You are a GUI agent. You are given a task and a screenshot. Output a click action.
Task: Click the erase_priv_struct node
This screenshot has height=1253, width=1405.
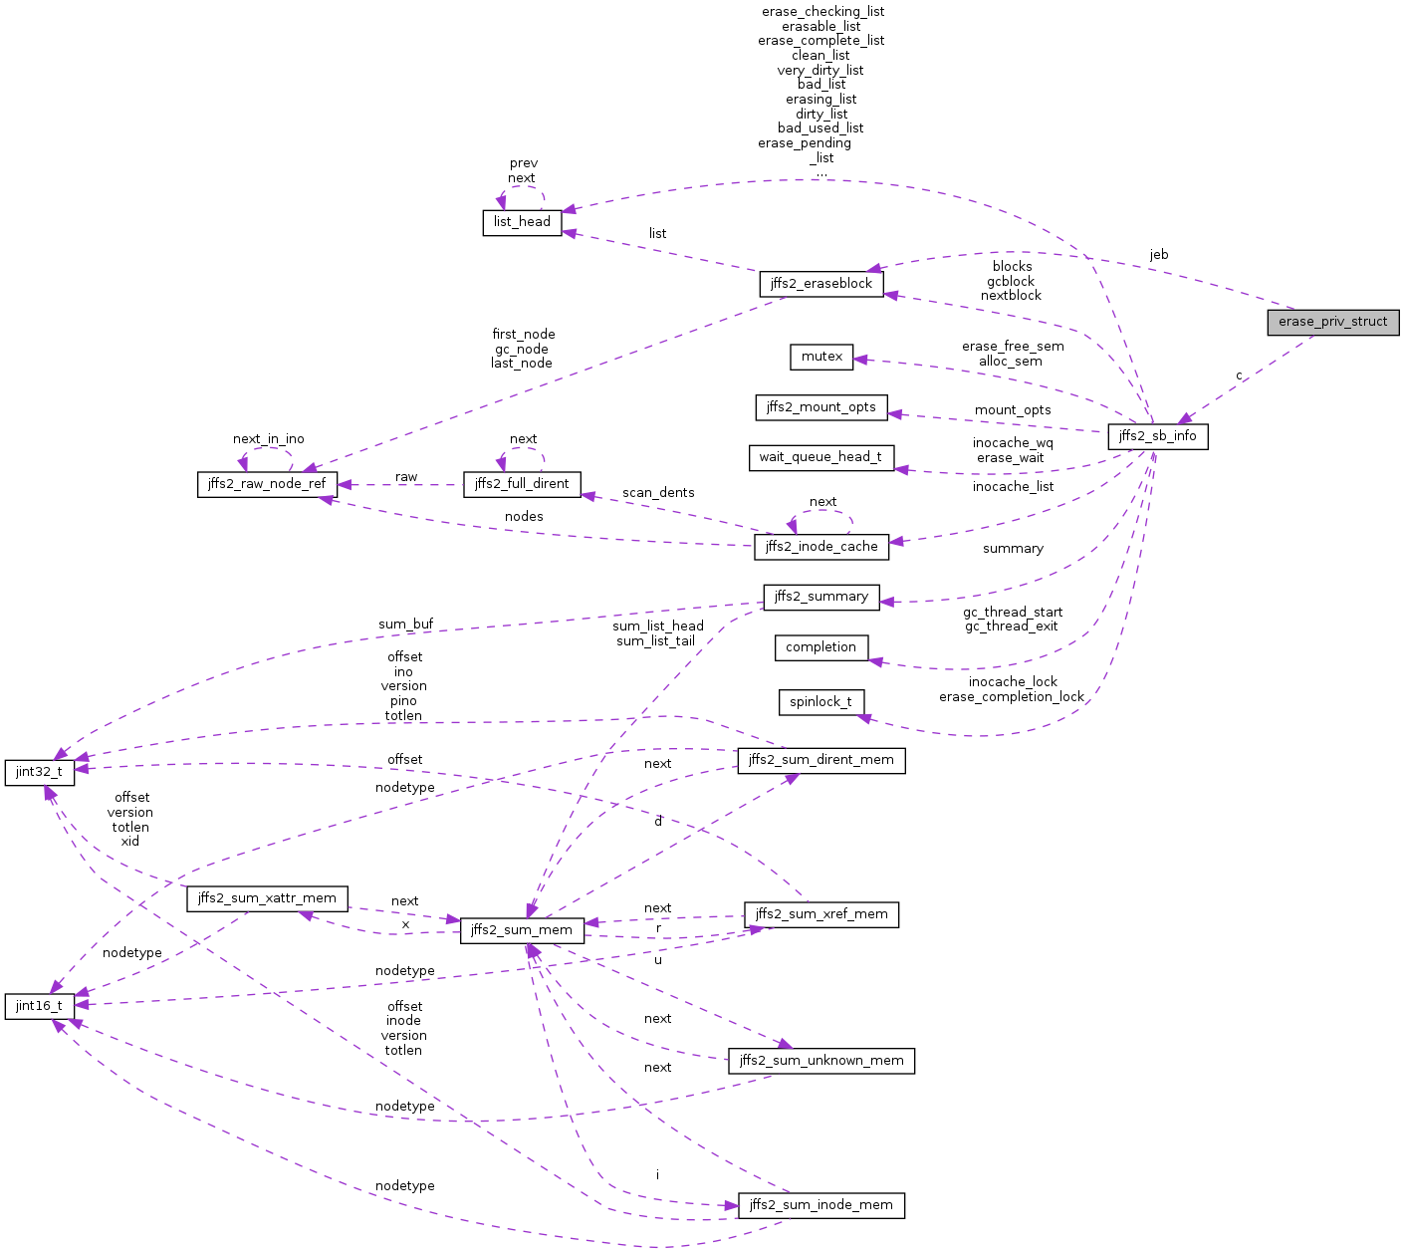point(1332,322)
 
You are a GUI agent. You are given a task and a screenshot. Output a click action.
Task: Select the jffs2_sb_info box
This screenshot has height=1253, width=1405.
point(1157,436)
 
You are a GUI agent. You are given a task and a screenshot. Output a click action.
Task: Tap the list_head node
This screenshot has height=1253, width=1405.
point(522,222)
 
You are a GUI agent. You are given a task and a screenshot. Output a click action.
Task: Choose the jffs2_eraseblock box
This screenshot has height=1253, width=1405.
point(820,284)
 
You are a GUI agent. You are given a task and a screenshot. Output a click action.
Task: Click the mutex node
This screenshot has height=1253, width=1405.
point(821,357)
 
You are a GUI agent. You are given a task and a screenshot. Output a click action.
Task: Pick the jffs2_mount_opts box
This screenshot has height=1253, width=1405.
point(820,407)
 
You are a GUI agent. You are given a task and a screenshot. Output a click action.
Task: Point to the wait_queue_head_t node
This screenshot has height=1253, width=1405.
point(820,457)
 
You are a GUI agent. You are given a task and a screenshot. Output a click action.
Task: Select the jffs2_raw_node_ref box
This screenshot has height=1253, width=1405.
point(267,484)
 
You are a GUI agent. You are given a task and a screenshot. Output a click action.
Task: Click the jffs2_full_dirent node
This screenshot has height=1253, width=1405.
point(522,484)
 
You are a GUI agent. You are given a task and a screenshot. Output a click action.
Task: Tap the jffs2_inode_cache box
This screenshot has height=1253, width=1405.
point(821,547)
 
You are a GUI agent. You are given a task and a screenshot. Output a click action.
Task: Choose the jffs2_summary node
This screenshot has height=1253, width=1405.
point(820,597)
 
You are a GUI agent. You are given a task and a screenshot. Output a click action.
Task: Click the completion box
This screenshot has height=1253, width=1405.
point(820,647)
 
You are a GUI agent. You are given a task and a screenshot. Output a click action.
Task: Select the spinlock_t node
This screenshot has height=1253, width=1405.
point(820,702)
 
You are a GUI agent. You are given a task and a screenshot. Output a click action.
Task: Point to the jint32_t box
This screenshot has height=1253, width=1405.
point(39,772)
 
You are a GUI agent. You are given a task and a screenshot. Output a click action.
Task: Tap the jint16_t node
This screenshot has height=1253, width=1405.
point(39,1006)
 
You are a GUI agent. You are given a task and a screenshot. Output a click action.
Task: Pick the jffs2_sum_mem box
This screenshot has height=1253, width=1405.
point(521,930)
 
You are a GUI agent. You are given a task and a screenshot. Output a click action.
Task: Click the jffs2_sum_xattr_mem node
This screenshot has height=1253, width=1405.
point(267,898)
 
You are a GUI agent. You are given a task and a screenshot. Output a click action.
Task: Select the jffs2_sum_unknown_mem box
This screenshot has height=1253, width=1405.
point(820,1061)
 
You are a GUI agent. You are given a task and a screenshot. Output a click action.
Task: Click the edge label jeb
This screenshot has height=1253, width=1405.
point(1158,255)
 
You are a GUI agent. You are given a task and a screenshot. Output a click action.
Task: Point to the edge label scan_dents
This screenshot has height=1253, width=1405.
point(658,493)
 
